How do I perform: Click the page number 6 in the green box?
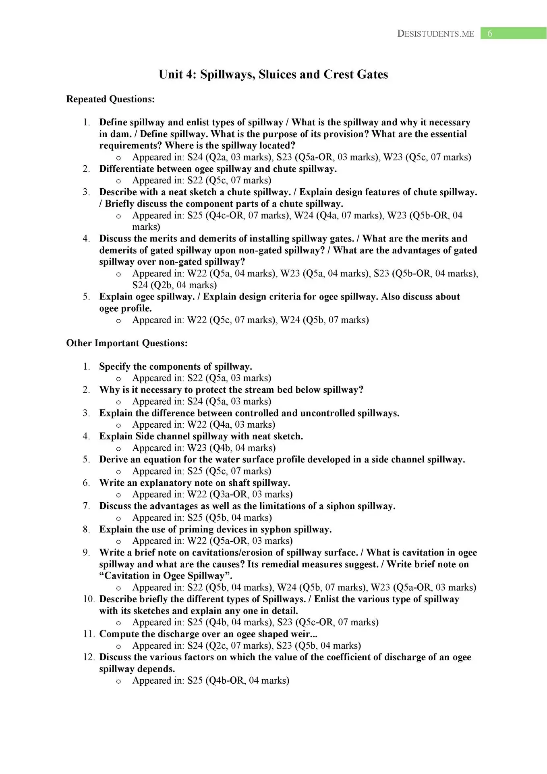pyautogui.click(x=490, y=33)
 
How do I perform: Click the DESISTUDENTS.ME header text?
pyautogui.click(x=435, y=34)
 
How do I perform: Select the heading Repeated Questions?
pyautogui.click(x=110, y=99)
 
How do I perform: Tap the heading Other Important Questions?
pyautogui.click(x=127, y=343)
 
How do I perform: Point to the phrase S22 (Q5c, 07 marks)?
pyautogui.click(x=229, y=180)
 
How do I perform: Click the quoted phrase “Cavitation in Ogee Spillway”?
pyautogui.click(x=166, y=576)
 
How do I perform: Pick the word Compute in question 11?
pyautogui.click(x=118, y=634)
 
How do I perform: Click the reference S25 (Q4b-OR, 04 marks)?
pyautogui.click(x=238, y=681)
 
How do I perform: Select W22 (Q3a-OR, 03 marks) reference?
pyautogui.click(x=240, y=495)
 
